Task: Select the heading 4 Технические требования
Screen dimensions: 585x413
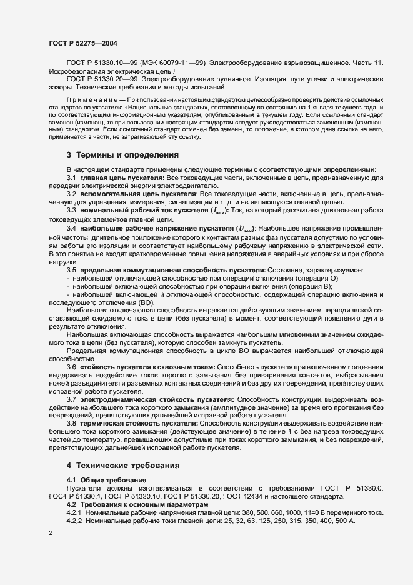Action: tap(123, 466)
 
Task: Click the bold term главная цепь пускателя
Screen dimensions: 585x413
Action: tap(119, 179)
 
